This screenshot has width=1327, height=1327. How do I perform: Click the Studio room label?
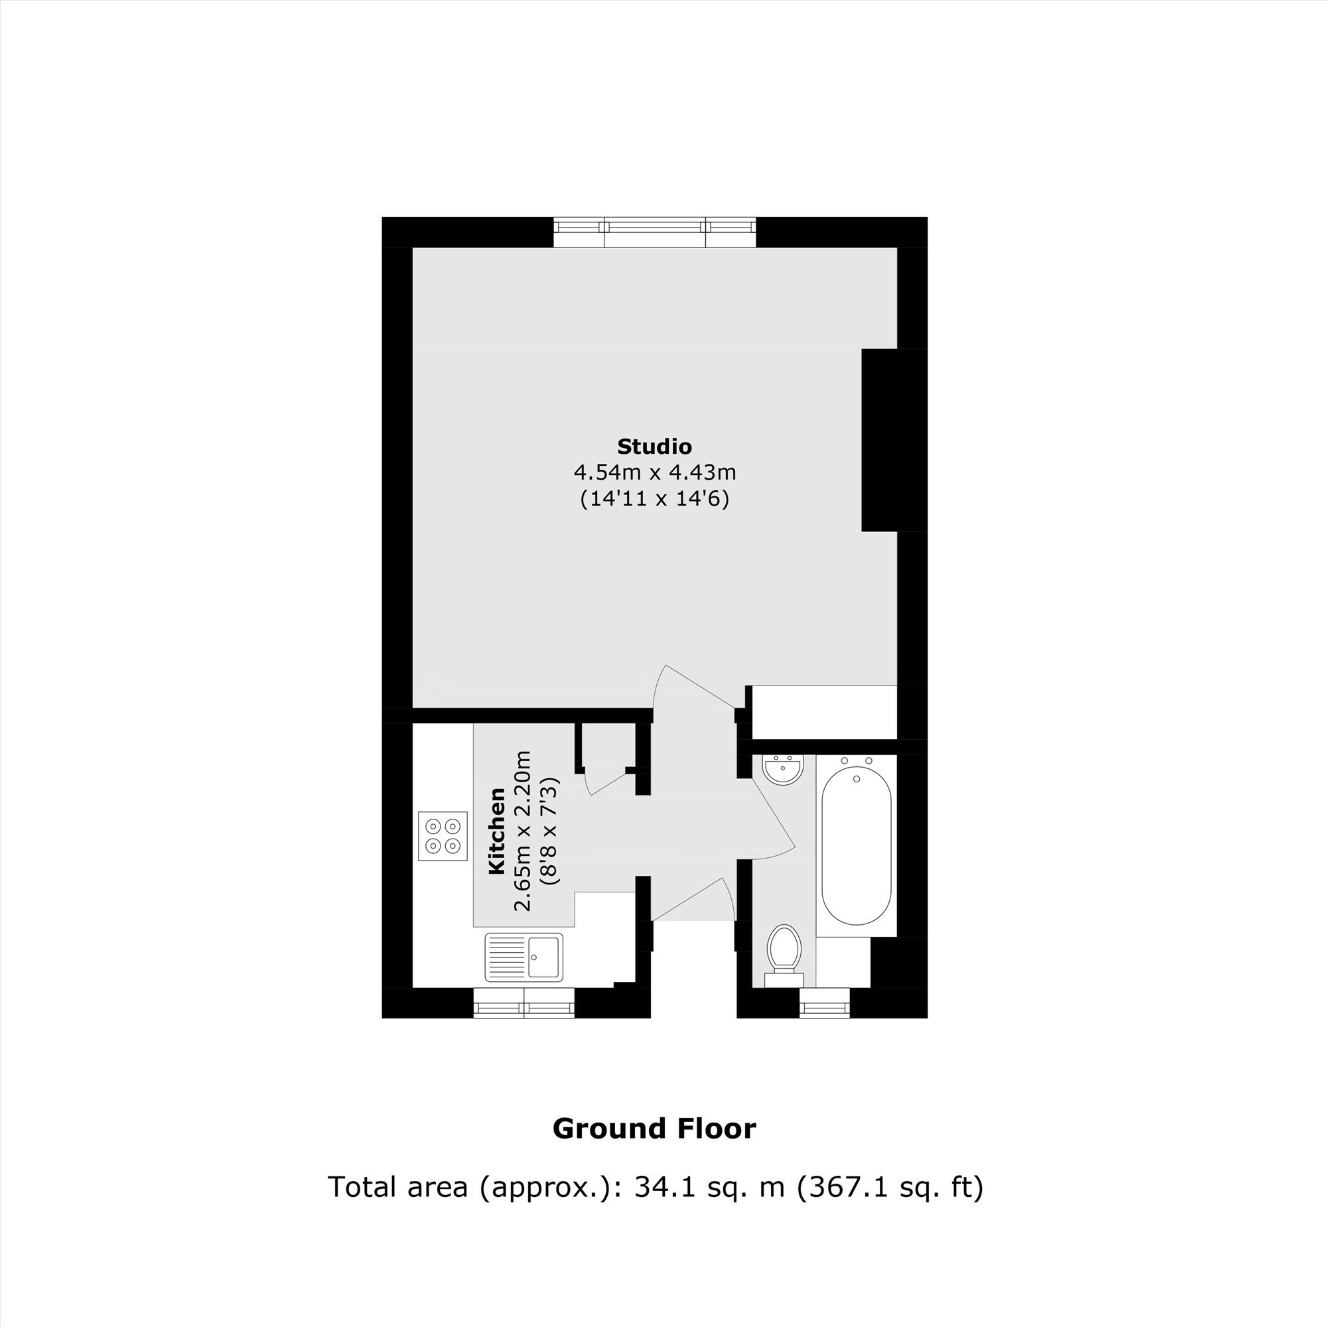(x=654, y=447)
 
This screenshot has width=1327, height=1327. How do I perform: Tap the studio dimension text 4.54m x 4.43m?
(x=655, y=472)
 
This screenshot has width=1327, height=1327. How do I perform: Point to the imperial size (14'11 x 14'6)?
(x=655, y=499)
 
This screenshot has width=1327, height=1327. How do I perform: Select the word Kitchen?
(x=496, y=831)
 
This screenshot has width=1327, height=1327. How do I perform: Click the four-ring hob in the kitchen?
(x=443, y=836)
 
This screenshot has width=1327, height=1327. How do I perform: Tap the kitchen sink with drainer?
(x=524, y=957)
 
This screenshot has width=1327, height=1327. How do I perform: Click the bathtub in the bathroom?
(x=857, y=846)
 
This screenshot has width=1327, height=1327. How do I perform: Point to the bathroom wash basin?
(x=783, y=769)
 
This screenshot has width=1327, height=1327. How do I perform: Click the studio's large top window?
(x=655, y=232)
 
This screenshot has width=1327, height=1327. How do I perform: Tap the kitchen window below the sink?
(x=524, y=1003)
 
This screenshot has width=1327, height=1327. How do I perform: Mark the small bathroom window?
(x=825, y=1003)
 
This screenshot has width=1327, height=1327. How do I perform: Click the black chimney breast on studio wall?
(x=880, y=441)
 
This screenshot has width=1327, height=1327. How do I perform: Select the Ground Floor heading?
(x=654, y=1129)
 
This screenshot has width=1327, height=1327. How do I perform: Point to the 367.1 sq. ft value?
(x=891, y=1187)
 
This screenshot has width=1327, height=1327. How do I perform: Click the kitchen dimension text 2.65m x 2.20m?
(x=524, y=831)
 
